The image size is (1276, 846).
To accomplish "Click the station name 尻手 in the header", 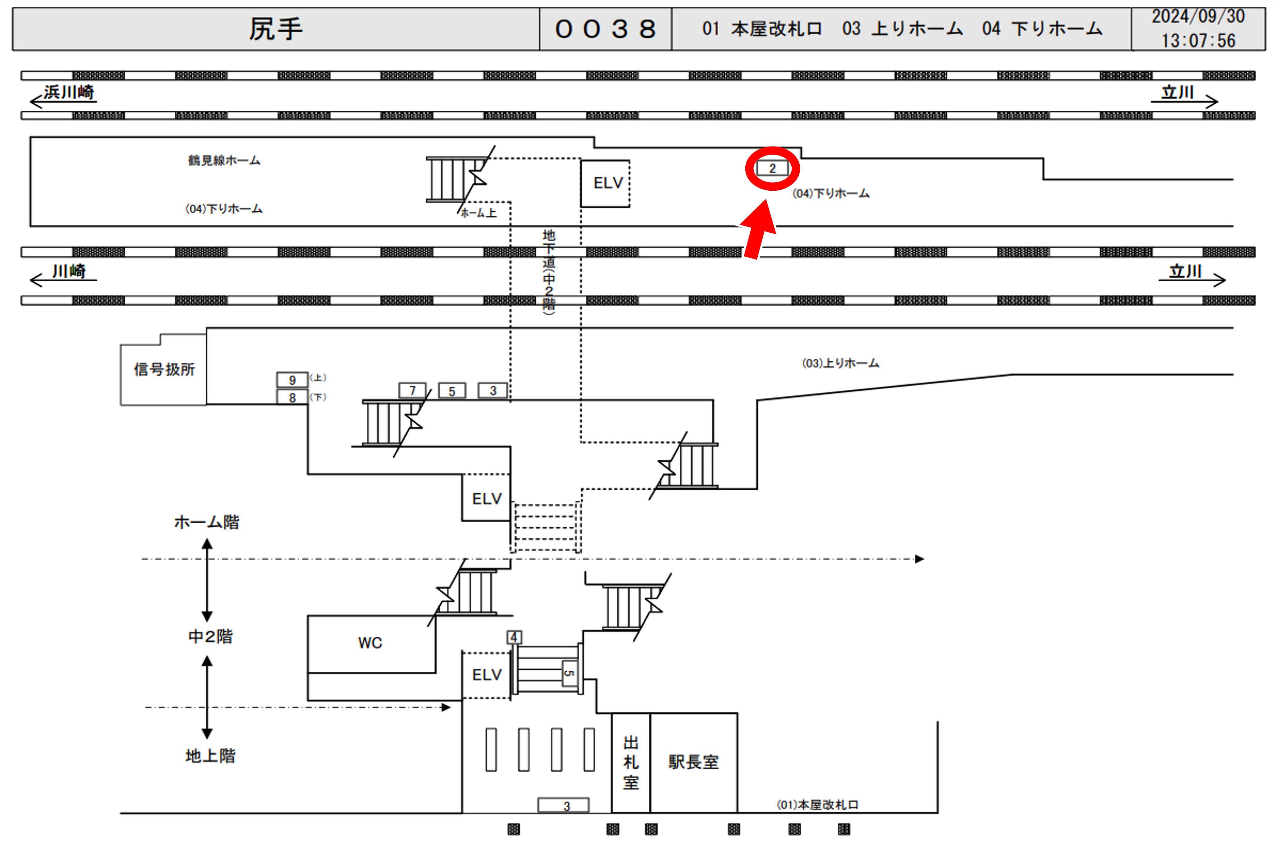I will (x=276, y=29).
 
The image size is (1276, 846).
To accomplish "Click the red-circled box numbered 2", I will (x=772, y=168).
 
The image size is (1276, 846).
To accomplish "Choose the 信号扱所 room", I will (x=164, y=370).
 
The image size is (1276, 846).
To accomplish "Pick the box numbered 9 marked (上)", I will (x=292, y=380).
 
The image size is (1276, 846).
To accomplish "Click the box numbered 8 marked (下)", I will (x=292, y=398).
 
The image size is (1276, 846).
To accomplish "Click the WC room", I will (x=371, y=643).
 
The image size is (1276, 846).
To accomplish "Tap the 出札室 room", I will (x=631, y=762).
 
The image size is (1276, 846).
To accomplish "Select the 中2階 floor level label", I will (x=210, y=637).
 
